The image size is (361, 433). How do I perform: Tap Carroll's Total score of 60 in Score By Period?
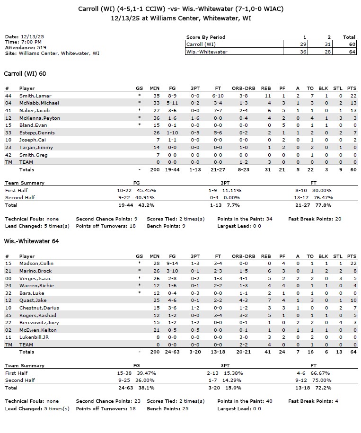click(x=349, y=44)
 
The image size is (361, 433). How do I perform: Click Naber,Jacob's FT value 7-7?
click(x=218, y=110)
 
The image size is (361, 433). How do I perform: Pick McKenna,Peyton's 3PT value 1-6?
click(x=194, y=118)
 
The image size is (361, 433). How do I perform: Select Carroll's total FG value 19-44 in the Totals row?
click(x=172, y=169)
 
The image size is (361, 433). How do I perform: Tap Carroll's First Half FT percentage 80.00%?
click(x=318, y=190)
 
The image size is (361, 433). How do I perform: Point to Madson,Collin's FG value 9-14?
click(x=172, y=264)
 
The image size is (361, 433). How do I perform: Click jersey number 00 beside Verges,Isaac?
click(x=8, y=278)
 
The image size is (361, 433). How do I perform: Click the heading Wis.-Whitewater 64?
click(x=24, y=241)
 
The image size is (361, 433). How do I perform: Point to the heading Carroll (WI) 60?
click(x=25, y=74)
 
